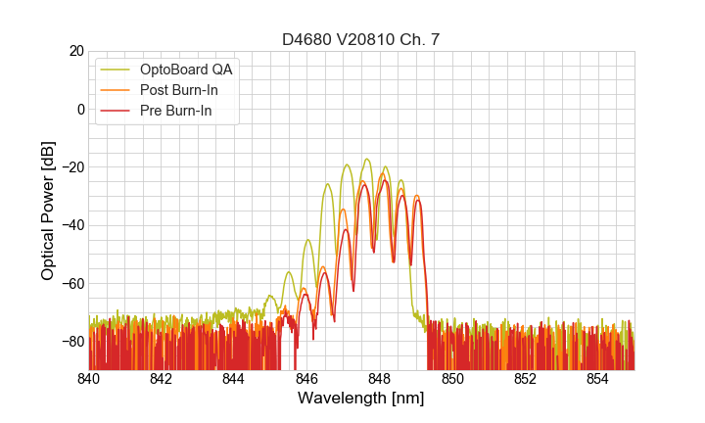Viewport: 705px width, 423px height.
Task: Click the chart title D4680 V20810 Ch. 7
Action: (x=360, y=39)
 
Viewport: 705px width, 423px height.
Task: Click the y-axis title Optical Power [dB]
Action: (x=48, y=211)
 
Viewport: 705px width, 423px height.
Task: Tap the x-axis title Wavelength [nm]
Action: (x=360, y=399)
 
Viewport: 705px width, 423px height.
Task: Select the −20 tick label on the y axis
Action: (x=70, y=167)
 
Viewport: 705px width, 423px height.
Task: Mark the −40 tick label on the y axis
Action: (x=70, y=225)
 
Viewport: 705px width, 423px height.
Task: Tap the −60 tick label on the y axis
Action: (x=70, y=284)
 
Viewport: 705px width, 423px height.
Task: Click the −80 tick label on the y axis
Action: (x=70, y=342)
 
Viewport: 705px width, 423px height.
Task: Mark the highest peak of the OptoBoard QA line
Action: (x=367, y=159)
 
